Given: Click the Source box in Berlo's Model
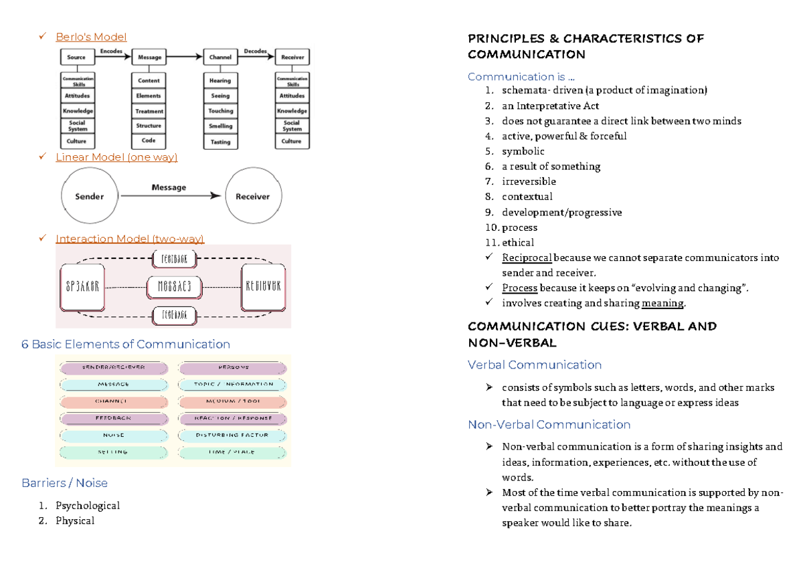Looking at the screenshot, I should coord(76,58).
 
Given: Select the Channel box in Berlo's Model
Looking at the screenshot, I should coord(220,58).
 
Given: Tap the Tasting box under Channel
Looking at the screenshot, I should coord(220,142).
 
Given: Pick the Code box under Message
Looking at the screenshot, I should coord(149,141).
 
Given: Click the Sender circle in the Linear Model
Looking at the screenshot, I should coord(89,197).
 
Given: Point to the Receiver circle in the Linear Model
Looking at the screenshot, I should coord(252,197).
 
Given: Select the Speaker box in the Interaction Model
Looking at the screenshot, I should coord(83,287).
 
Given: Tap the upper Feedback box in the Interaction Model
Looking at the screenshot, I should coord(174,258).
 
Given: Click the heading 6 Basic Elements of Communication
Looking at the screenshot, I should coord(126,345).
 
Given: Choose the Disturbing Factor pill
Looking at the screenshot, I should coord(232,435).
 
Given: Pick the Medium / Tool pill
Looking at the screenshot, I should coord(232,401).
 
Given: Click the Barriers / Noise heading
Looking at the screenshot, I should coord(64,483).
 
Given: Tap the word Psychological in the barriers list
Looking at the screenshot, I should coord(88,506).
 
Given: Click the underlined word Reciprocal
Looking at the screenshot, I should coord(527,258).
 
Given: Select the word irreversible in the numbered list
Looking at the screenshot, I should coord(529,181).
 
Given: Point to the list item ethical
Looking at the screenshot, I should coord(518,243).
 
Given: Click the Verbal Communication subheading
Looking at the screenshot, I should coord(535,365).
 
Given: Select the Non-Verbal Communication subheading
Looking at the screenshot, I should coord(549,425).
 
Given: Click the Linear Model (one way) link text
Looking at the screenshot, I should coord(116,157).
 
